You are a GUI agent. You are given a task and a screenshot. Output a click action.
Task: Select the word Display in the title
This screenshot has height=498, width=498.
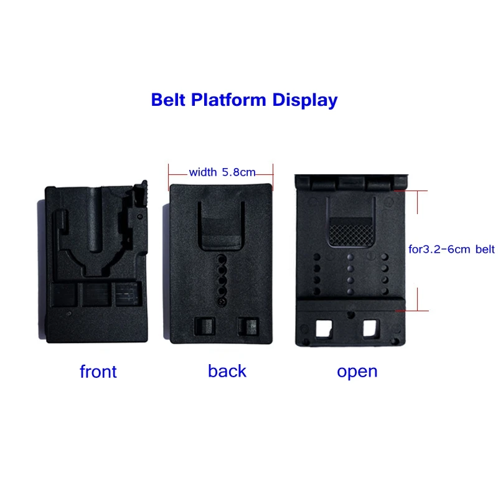pyautogui.click(x=305, y=100)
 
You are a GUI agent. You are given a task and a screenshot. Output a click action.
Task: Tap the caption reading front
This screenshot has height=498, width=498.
pyautogui.click(x=98, y=372)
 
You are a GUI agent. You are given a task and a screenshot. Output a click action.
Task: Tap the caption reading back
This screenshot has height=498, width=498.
pyautogui.click(x=227, y=371)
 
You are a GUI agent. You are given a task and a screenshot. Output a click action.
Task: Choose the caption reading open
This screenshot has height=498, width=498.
pyautogui.click(x=357, y=372)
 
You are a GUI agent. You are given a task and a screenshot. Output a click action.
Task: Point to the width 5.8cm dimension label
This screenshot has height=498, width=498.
pyautogui.click(x=222, y=172)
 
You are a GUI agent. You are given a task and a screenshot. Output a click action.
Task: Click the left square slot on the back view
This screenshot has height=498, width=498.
pyautogui.click(x=204, y=326)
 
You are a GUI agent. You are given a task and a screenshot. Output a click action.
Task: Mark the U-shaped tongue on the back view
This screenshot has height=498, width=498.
pyautogui.click(x=221, y=227)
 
